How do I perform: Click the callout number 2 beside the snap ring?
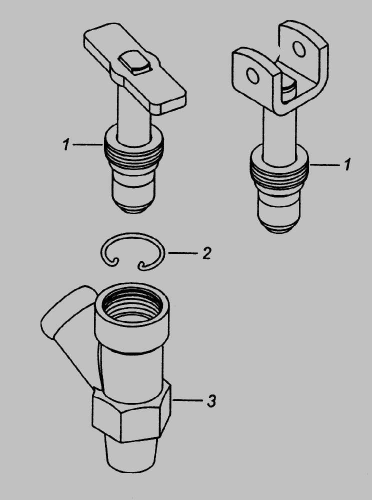click(x=207, y=253)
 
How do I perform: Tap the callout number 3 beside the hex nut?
click(x=211, y=400)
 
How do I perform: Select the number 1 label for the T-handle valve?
click(x=66, y=145)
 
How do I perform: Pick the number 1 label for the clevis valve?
click(x=347, y=164)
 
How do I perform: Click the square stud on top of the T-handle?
click(x=134, y=62)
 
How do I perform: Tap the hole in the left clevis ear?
click(x=253, y=76)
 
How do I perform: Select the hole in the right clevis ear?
click(x=299, y=49)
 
